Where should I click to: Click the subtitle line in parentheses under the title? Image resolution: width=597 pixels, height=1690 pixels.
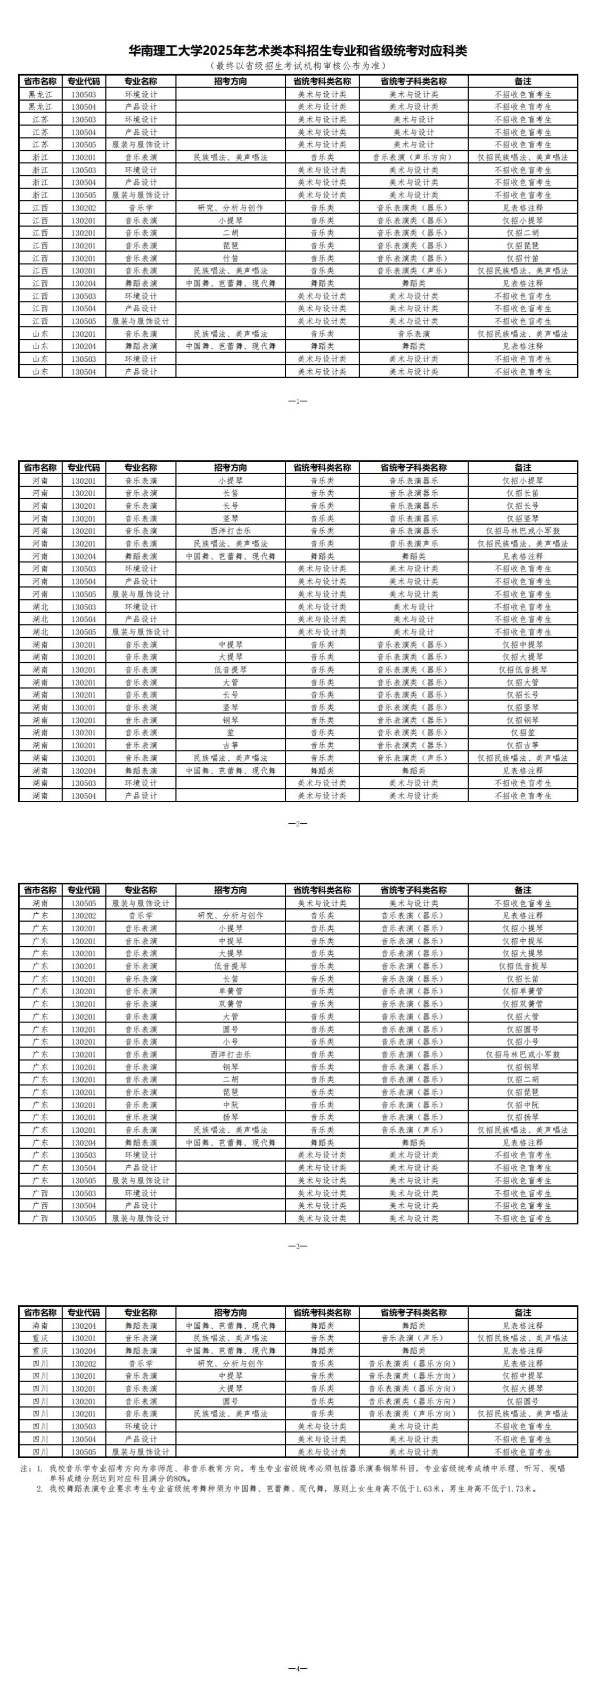(x=298, y=66)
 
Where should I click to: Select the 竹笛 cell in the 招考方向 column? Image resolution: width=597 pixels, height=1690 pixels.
(x=230, y=258)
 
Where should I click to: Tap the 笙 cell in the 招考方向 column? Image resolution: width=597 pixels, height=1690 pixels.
(x=230, y=733)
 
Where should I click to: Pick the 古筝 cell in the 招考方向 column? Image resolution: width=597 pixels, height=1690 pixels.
(x=230, y=745)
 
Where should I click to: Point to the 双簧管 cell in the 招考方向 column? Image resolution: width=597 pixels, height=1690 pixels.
(x=230, y=1004)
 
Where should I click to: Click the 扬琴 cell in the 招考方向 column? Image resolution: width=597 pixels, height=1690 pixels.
(x=230, y=1117)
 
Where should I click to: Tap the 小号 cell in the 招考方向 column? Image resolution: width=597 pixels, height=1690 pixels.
(x=230, y=1042)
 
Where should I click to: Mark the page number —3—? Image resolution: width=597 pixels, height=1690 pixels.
(x=298, y=1246)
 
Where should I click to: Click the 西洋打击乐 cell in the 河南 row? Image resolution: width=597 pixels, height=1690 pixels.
(x=230, y=531)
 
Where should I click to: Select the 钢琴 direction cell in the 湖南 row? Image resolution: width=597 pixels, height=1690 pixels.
(x=230, y=720)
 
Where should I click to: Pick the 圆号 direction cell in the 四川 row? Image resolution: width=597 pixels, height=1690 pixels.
(x=230, y=1401)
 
